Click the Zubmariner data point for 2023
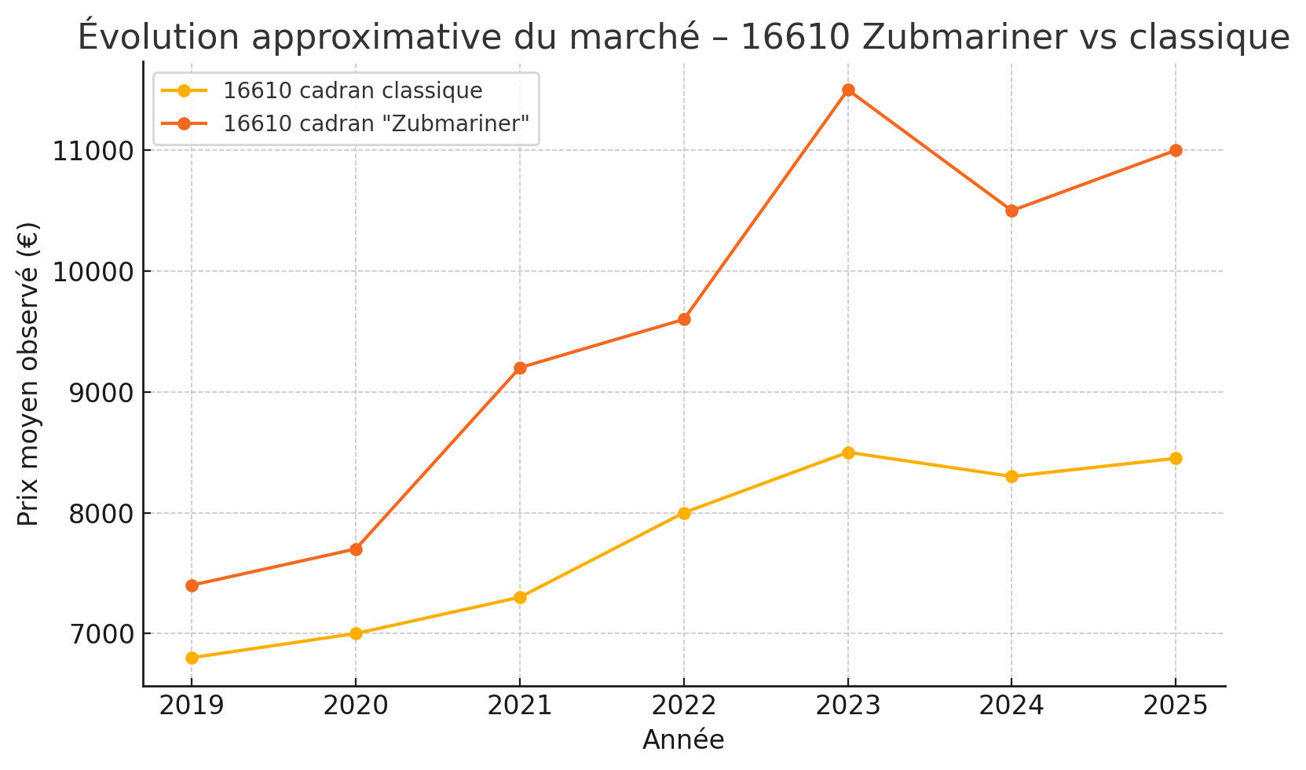point(848,90)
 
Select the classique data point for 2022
point(684,513)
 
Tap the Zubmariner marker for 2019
point(192,585)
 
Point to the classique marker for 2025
point(1176,459)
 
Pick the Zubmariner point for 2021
point(520,368)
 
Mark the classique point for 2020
point(356,633)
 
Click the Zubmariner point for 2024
point(1012,211)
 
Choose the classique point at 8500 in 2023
point(848,453)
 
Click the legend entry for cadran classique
point(352,91)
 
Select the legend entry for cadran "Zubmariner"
point(375,124)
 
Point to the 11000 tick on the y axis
point(93,151)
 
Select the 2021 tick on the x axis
point(520,706)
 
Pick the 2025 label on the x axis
point(1176,706)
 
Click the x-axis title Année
point(683,740)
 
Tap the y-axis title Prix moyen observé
point(28,374)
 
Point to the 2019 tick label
point(192,706)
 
